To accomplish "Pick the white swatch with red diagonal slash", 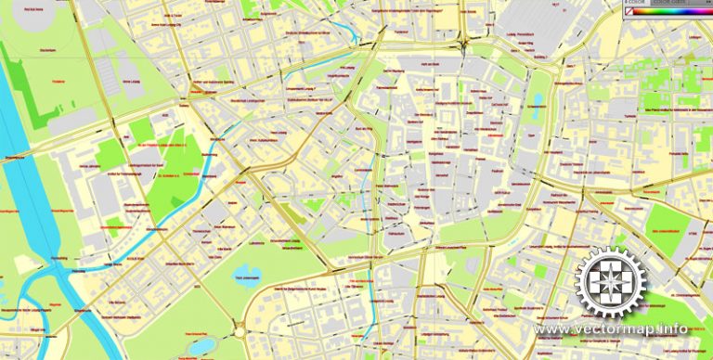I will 629,11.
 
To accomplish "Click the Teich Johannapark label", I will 243,277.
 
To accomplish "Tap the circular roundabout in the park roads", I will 240,330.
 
